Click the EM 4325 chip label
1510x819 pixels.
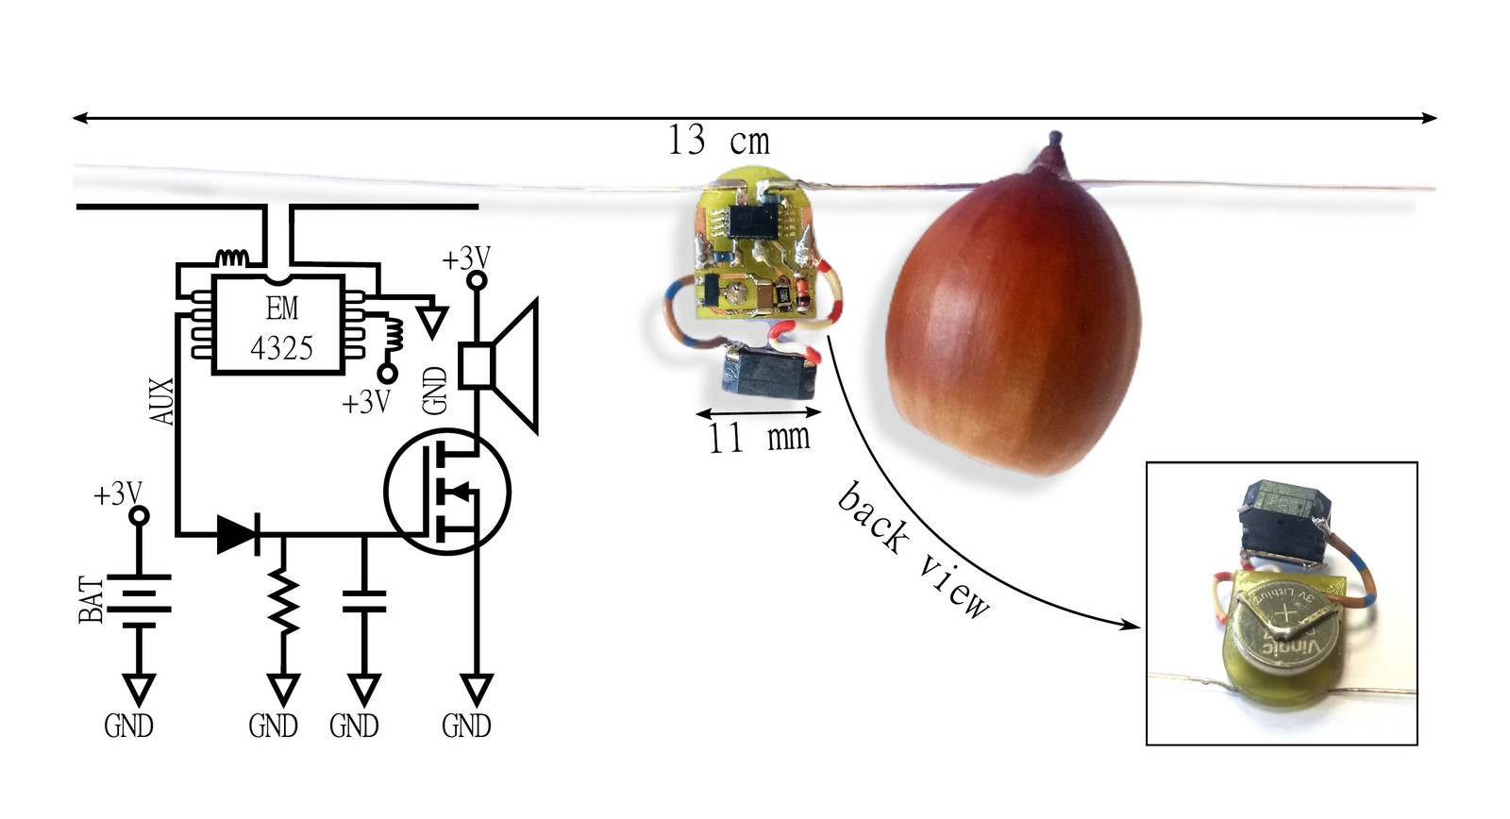281,328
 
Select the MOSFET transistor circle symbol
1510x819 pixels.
447,491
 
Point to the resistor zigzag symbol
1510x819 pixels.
282,602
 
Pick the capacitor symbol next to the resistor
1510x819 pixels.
363,602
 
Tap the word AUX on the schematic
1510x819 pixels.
162,401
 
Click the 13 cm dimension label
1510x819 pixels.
719,142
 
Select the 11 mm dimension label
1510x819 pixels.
759,438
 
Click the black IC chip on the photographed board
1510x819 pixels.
752,221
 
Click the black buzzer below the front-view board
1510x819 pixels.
769,372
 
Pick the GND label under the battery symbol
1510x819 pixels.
128,726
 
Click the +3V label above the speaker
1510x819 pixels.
466,258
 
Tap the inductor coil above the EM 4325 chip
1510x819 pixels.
232,257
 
